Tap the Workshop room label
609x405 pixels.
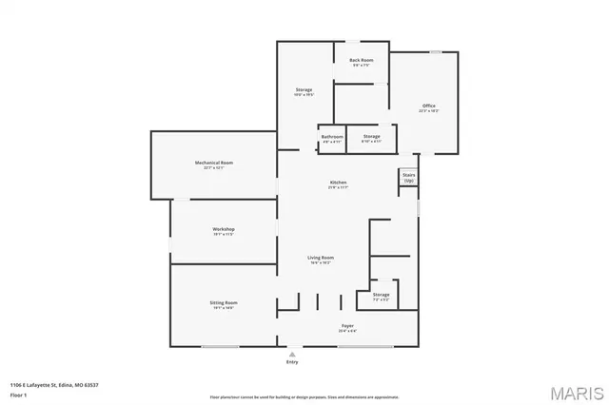pos(224,229)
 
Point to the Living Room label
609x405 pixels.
pos(320,258)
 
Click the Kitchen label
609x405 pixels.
pos(338,182)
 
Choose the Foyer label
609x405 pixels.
pos(348,326)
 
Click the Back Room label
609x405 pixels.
pos(361,60)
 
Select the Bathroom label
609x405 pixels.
pos(332,136)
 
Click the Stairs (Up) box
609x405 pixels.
pos(408,178)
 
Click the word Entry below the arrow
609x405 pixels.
pos(292,362)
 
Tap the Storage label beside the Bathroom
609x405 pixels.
pos(371,136)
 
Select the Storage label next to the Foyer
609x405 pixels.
pos(381,295)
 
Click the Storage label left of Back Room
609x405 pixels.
pos(304,89)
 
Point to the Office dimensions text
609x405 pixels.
pos(428,111)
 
